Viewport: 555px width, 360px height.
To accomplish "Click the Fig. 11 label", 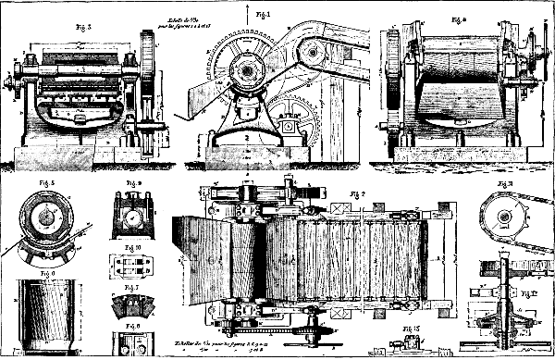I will tap(504, 184).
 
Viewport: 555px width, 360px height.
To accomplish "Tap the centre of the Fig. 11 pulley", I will tap(505, 221).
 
